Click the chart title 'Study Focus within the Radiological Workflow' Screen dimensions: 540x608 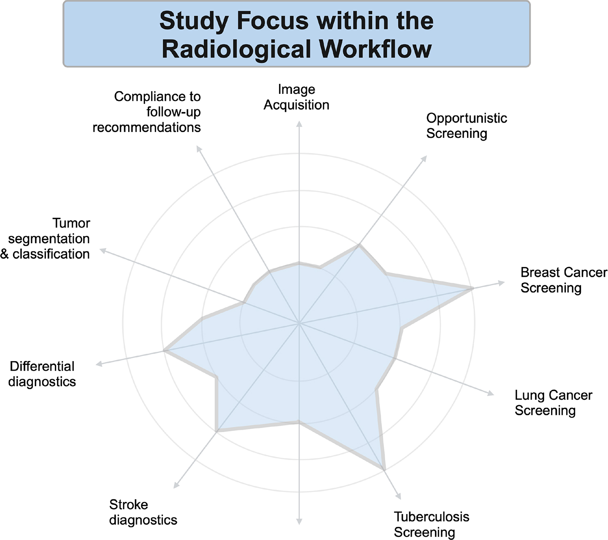296,34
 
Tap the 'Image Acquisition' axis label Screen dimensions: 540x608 296,97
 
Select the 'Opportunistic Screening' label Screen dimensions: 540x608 466,125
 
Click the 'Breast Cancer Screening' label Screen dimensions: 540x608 563,280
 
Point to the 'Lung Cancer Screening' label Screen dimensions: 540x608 553,403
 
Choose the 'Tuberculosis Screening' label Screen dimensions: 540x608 431,524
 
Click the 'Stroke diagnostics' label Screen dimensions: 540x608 143,512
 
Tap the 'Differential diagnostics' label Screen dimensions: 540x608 42,374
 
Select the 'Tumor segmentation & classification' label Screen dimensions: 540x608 45,239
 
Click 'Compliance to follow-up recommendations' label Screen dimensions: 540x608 147,112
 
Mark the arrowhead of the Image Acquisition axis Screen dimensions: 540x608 299,123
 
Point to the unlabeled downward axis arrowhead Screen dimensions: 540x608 299,522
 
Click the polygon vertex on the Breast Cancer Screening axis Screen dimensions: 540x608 473,288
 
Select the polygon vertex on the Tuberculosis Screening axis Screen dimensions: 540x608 384,469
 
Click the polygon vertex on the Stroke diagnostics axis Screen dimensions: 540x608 216,431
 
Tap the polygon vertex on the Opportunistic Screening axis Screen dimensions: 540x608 359,245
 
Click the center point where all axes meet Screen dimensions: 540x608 299,324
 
